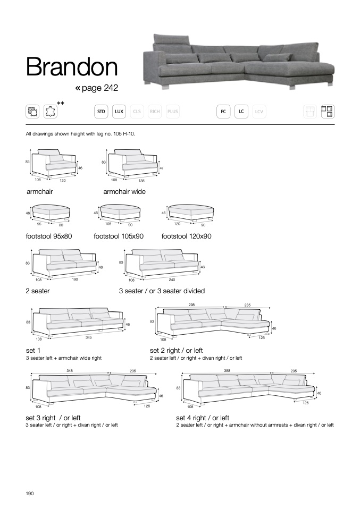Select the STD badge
pyautogui.click(x=101, y=112)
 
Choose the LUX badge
pyautogui.click(x=119, y=112)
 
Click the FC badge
pyautogui.click(x=223, y=112)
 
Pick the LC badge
pyautogui.click(x=241, y=112)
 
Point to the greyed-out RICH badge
pyautogui.click(x=155, y=112)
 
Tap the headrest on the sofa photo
pyautogui.click(x=172, y=41)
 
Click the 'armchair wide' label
pyautogui.click(x=124, y=192)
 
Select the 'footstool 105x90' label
pyautogui.click(x=119, y=236)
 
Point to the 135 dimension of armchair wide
pyautogui.click(x=141, y=181)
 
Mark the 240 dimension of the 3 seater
pyautogui.click(x=171, y=279)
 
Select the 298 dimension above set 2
pyautogui.click(x=191, y=305)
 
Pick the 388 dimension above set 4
pyautogui.click(x=227, y=370)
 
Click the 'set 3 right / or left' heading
pyautogui.click(x=53, y=418)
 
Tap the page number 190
pyautogui.click(x=30, y=494)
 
